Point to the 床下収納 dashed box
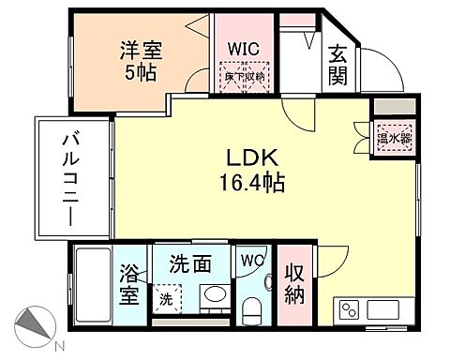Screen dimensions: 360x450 (x=245, y=76)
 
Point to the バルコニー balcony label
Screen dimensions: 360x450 (x=70, y=178)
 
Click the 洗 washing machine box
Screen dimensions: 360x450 (x=166, y=300)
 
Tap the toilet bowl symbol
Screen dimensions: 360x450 (x=251, y=307)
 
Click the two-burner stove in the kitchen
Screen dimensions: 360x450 (x=348, y=309)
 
